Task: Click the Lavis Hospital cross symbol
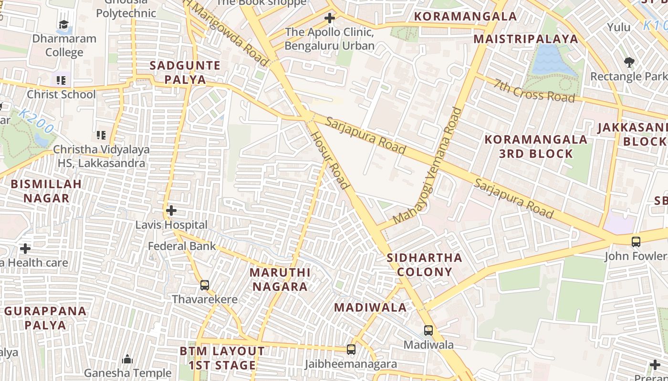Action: pyautogui.click(x=171, y=210)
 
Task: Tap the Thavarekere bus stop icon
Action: pyautogui.click(x=205, y=285)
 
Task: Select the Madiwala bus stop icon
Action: pyautogui.click(x=428, y=330)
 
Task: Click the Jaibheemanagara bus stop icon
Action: pyautogui.click(x=351, y=350)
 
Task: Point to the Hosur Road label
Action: pyautogui.click(x=331, y=160)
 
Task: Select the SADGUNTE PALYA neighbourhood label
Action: pyautogui.click(x=185, y=72)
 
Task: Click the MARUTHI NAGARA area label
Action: pyautogui.click(x=280, y=280)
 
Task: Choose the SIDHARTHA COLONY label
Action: pyautogui.click(x=425, y=265)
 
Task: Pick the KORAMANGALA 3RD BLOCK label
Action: pyautogui.click(x=536, y=146)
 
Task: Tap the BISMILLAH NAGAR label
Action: pyautogui.click(x=46, y=190)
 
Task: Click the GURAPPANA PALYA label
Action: pyautogui.click(x=46, y=318)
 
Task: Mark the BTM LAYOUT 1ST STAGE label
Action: pyautogui.click(x=222, y=358)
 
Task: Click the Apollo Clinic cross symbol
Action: pyautogui.click(x=329, y=19)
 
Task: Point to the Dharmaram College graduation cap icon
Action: pyautogui.click(x=63, y=24)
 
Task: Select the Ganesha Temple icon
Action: pyautogui.click(x=127, y=359)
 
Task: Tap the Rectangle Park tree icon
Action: pyautogui.click(x=629, y=62)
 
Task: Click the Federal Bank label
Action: pyautogui.click(x=182, y=246)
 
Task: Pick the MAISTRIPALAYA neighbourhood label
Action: pyautogui.click(x=526, y=39)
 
